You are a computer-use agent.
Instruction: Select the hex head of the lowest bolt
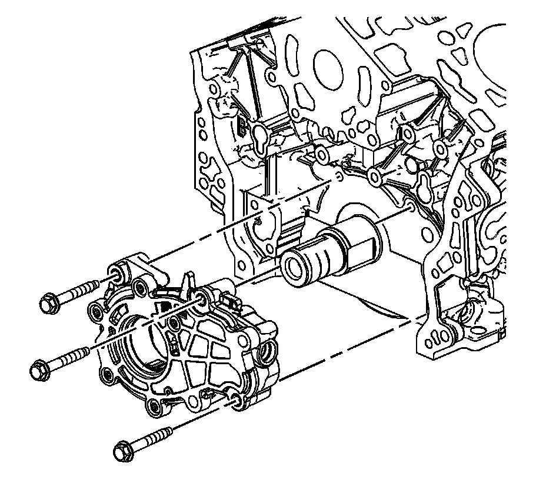[123, 451]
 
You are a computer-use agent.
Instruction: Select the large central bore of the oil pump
[141, 341]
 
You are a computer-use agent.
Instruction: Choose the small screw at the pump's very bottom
[155, 406]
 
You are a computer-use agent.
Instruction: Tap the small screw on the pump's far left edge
[94, 310]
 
